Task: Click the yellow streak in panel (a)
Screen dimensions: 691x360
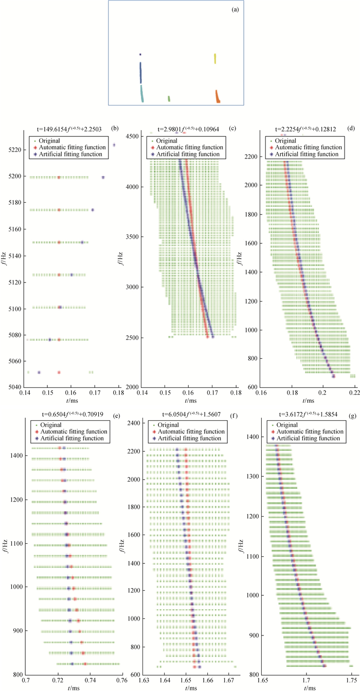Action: point(215,59)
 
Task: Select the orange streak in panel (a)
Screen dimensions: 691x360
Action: point(218,96)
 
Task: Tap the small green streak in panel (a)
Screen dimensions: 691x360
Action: point(169,98)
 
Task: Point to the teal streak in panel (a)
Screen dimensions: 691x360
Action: point(142,94)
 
